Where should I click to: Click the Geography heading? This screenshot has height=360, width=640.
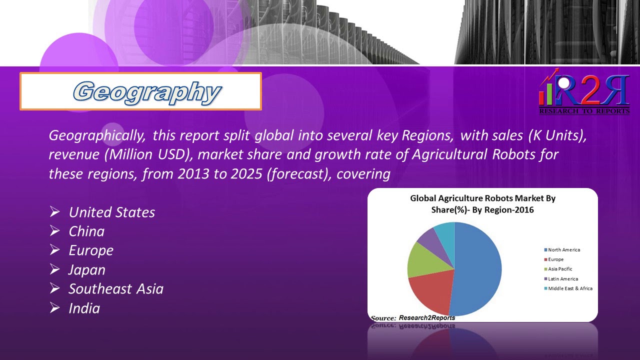point(146,91)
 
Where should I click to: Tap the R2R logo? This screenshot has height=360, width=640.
point(584,94)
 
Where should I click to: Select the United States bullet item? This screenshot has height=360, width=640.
point(111,212)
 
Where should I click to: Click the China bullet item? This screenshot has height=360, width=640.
point(86,231)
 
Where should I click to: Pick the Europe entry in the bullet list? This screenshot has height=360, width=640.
point(91,250)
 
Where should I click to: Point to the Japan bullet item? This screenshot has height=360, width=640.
point(87,270)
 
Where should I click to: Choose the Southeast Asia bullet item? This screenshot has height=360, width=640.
point(116,289)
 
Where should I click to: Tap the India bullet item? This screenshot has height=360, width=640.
point(84,308)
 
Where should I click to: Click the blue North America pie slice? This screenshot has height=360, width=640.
point(480,270)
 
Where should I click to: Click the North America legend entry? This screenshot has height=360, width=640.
point(563,249)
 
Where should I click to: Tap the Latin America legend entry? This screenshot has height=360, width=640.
point(562,279)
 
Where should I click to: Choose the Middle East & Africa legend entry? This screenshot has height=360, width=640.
point(570,288)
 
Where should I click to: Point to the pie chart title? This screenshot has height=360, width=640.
point(482,204)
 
